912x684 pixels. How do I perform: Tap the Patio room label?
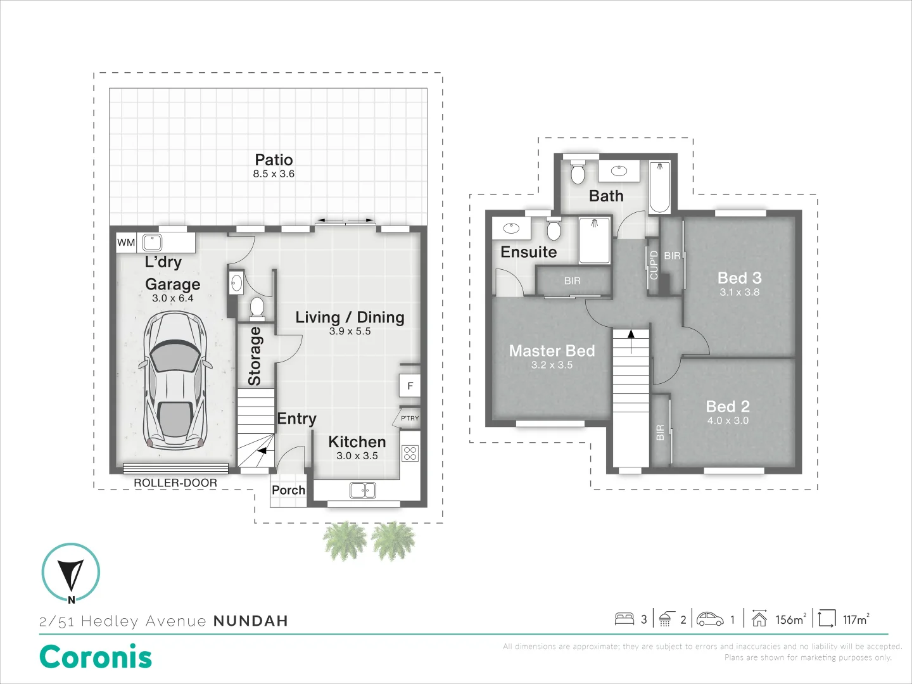click(274, 160)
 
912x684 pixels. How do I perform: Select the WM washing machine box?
click(126, 243)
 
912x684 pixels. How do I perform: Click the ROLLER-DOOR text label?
click(175, 483)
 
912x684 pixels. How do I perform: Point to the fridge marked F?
click(410, 386)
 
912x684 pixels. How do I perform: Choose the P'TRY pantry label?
click(410, 418)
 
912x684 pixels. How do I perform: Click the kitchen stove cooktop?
click(410, 453)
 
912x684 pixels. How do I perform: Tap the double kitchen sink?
click(363, 490)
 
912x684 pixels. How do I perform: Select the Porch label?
click(288, 490)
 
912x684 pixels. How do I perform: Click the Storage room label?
click(255, 356)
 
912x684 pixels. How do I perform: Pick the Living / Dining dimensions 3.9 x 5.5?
click(350, 331)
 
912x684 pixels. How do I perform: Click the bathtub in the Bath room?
click(660, 187)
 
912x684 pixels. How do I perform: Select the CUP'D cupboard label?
click(654, 265)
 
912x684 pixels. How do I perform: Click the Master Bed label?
click(552, 351)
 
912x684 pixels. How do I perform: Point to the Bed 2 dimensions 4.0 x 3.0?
click(728, 421)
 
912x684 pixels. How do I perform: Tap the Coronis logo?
click(96, 657)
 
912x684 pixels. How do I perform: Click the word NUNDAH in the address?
click(251, 621)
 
